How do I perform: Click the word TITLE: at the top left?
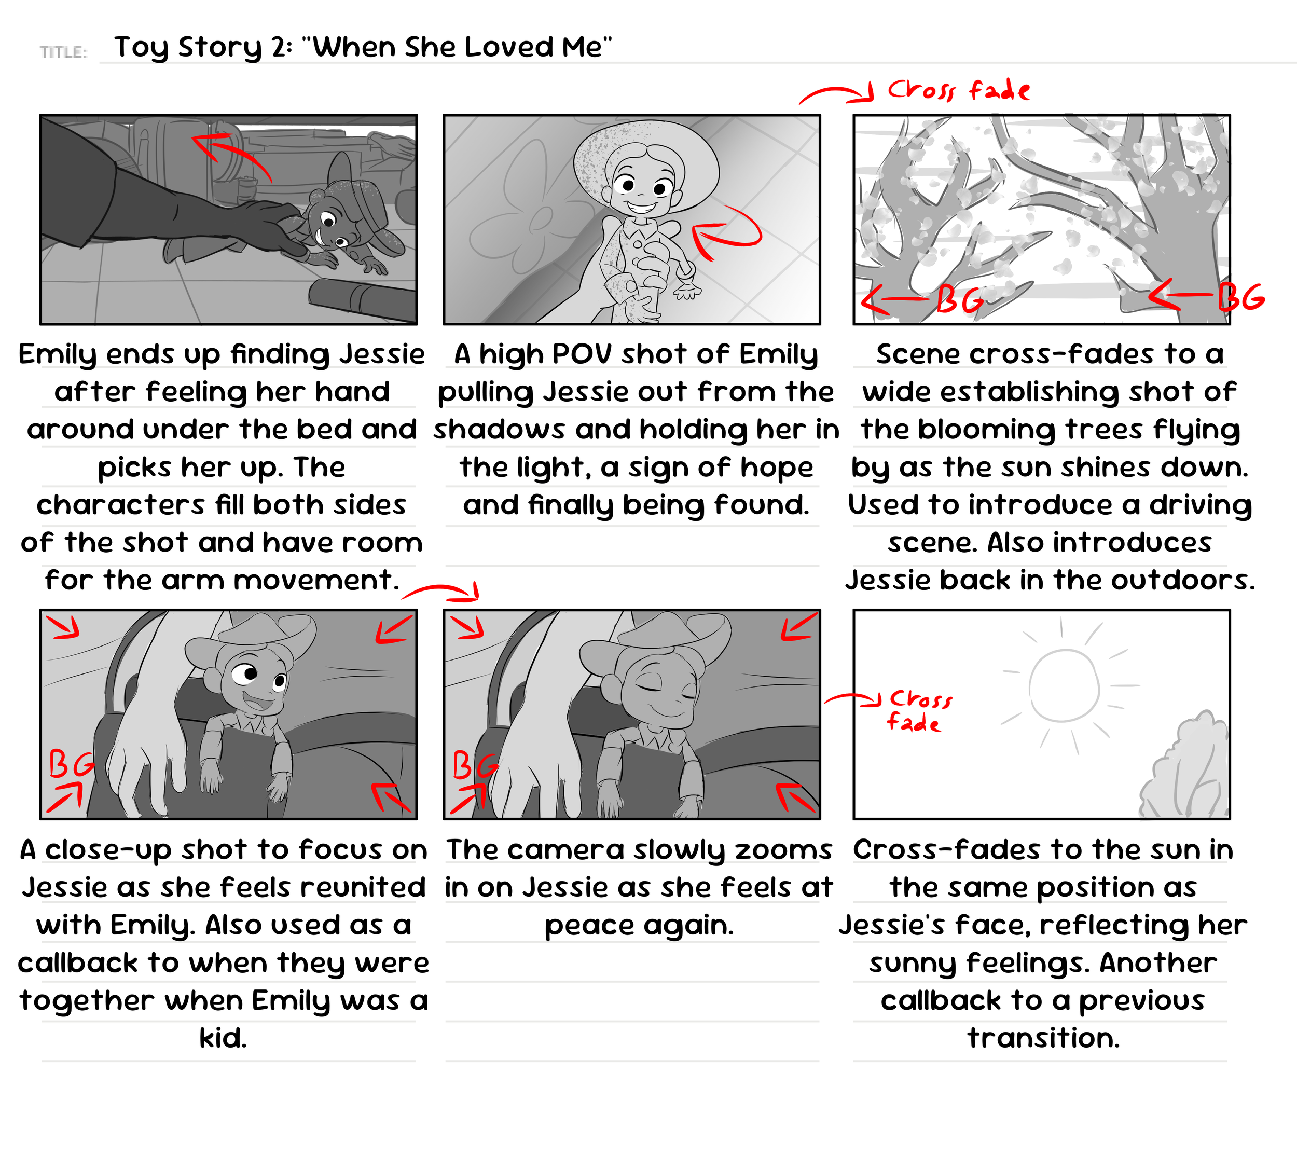[x=63, y=52]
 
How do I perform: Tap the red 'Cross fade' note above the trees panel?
[x=958, y=90]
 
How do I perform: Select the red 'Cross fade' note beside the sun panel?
[x=918, y=711]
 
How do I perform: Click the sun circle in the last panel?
[x=1064, y=685]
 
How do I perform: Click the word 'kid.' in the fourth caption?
[x=223, y=1039]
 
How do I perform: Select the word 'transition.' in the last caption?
[x=1043, y=1039]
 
